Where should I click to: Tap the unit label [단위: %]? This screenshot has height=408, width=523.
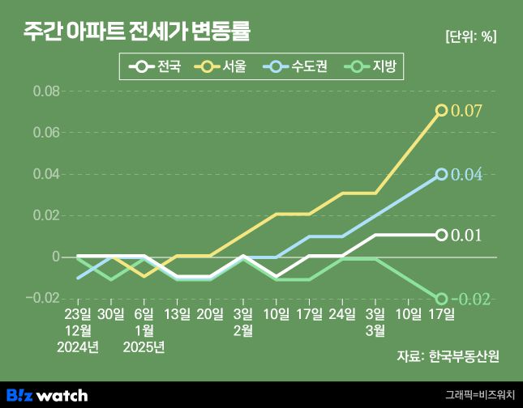(470, 36)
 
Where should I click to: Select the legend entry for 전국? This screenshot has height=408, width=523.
(160, 66)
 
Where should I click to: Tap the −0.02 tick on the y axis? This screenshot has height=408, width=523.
(44, 299)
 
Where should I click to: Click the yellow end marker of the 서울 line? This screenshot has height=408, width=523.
(442, 110)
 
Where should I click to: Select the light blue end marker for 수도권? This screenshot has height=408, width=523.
(442, 174)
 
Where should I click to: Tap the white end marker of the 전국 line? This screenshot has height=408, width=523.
(442, 235)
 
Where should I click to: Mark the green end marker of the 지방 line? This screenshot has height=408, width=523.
(442, 299)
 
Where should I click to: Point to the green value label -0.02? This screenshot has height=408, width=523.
(469, 300)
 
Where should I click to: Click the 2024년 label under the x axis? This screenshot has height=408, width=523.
(78, 348)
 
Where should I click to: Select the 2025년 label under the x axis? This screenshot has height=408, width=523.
(144, 348)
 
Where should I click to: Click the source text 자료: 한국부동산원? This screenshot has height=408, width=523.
(448, 355)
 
